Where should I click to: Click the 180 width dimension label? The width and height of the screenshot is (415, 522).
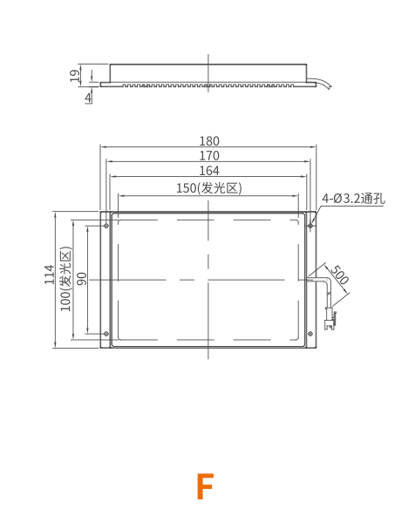click(209, 141)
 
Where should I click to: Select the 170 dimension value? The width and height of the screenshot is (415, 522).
click(209, 156)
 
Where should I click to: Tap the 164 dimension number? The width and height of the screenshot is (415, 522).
click(209, 171)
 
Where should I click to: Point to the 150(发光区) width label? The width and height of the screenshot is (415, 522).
click(209, 188)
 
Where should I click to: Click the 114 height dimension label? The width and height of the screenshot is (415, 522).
click(50, 275)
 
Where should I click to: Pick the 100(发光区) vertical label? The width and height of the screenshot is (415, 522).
click(65, 279)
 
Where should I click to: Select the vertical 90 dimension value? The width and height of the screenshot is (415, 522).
click(81, 279)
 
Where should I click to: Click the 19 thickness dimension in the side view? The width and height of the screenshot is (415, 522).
click(75, 76)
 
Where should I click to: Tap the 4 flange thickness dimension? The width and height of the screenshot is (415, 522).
click(88, 98)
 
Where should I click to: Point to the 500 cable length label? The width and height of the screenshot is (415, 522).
click(339, 275)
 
